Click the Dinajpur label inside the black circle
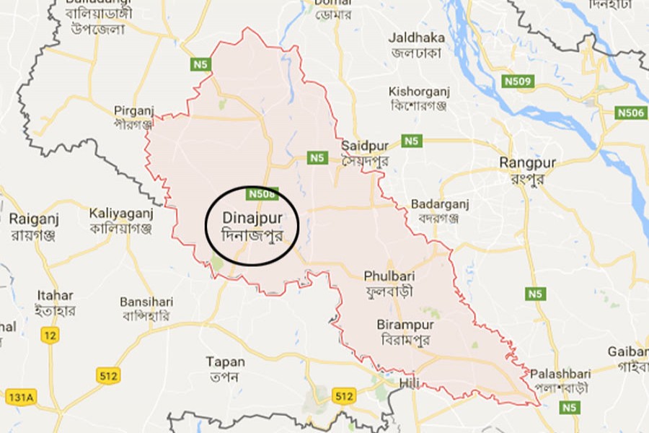pyautogui.click(x=251, y=217)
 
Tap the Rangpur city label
pyautogui.click(x=527, y=163)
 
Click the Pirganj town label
pyautogui.click(x=134, y=110)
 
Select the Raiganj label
pyautogui.click(x=34, y=218)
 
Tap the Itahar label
pyautogui.click(x=55, y=295)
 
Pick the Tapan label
pyautogui.click(x=225, y=362)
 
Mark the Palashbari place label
pyautogui.click(x=560, y=374)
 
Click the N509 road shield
pyautogui.click(x=518, y=82)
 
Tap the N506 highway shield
pyautogui.click(x=630, y=113)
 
